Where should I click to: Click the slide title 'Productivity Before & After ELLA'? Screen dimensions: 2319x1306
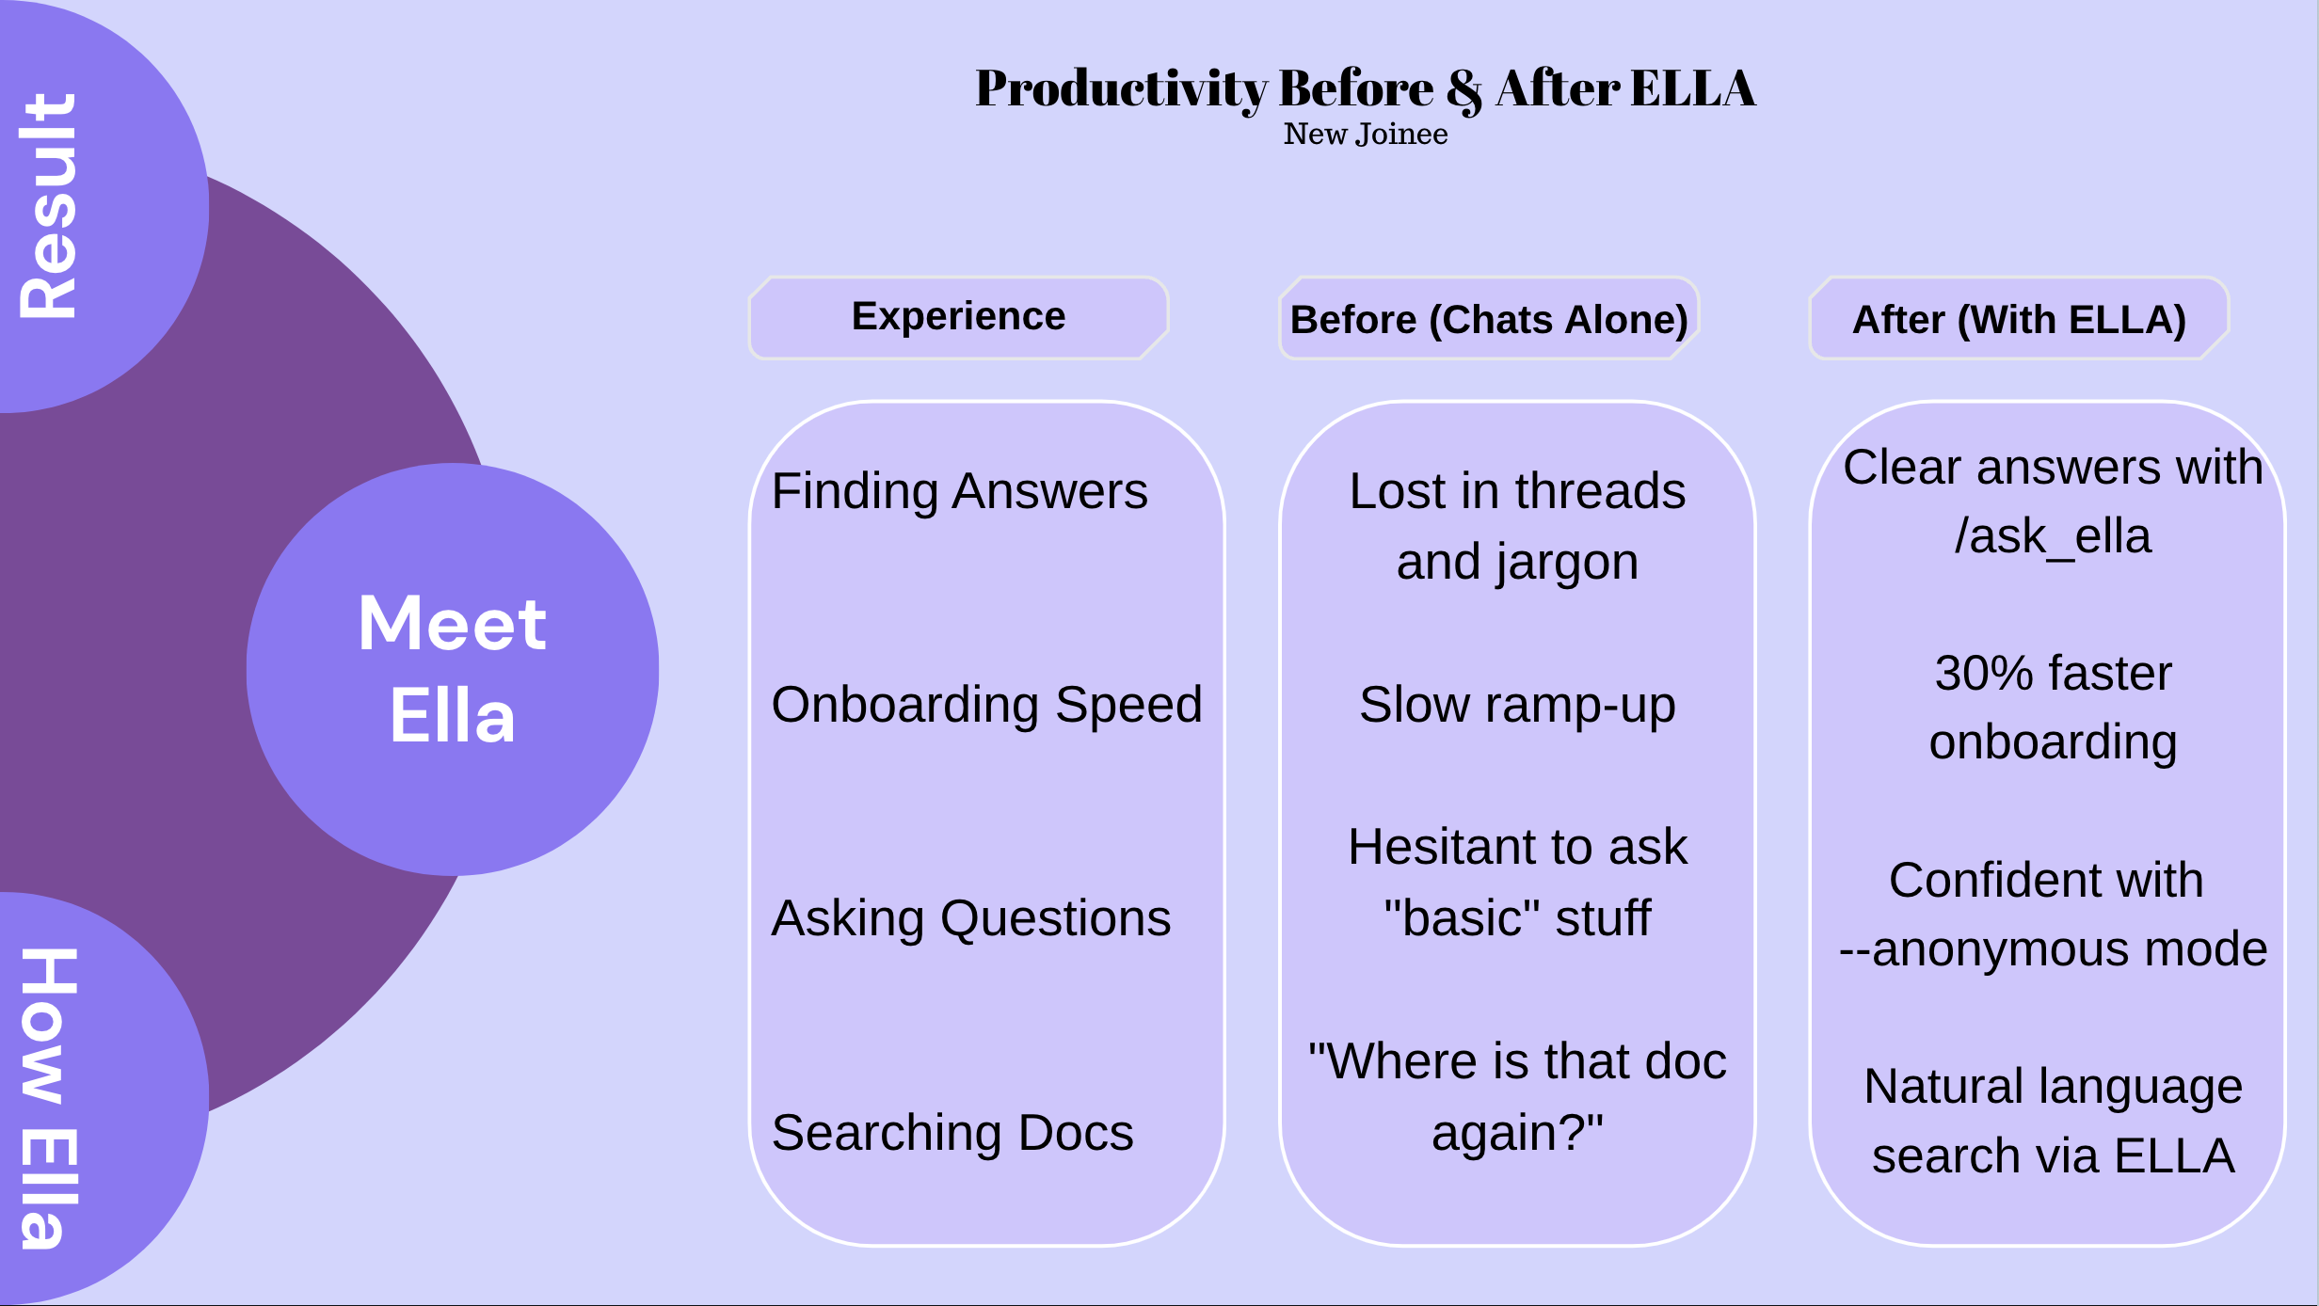pyautogui.click(x=1365, y=88)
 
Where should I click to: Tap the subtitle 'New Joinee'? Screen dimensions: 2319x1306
pyautogui.click(x=1365, y=135)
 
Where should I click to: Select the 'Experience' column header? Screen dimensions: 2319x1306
pyautogui.click(x=958, y=317)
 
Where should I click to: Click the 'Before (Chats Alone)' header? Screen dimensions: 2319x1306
pyautogui.click(x=1489, y=320)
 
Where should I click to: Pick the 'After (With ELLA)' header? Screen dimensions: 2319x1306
pyautogui.click(x=2019, y=320)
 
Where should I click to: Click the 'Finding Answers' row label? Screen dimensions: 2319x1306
pyautogui.click(x=959, y=491)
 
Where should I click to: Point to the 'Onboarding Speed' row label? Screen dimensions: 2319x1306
pyautogui.click(x=986, y=705)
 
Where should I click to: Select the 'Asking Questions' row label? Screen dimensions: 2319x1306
pyautogui.click(x=970, y=918)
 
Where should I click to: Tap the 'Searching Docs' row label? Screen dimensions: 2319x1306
pyautogui.click(x=952, y=1133)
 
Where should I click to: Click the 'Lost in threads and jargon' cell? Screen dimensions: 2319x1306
pyautogui.click(x=1517, y=526)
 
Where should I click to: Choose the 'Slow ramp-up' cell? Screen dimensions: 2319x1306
pyautogui.click(x=1517, y=705)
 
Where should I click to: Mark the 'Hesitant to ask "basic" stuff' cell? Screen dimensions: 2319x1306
pyautogui.click(x=1517, y=882)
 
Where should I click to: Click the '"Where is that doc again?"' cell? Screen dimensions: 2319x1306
pyautogui.click(x=1517, y=1096)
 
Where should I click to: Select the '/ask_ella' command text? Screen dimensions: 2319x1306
pyautogui.click(x=2053, y=536)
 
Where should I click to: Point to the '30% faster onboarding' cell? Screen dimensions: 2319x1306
pyautogui.click(x=2053, y=707)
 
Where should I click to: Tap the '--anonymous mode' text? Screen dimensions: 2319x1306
pyautogui.click(x=2053, y=949)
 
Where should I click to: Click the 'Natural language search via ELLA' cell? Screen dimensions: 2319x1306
pyautogui.click(x=2053, y=1121)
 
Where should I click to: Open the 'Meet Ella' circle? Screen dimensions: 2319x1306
pyautogui.click(x=453, y=669)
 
